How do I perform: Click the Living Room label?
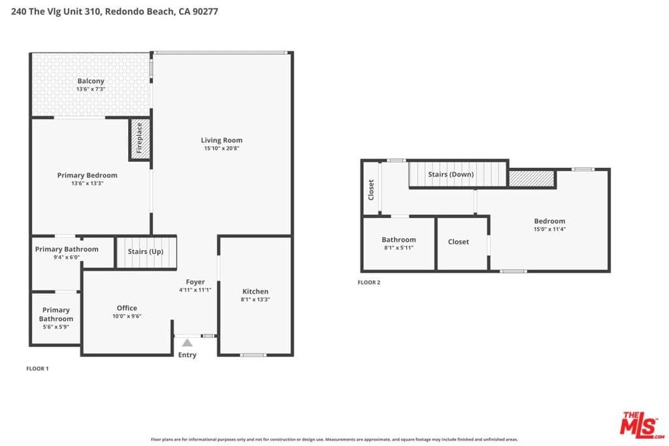tap(221, 140)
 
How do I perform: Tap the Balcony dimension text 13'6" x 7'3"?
tap(91, 89)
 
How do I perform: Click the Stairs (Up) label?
tap(146, 251)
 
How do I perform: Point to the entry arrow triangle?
tap(188, 342)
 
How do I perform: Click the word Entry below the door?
tap(188, 355)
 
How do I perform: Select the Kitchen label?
tap(255, 291)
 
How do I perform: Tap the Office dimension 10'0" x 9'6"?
tap(127, 316)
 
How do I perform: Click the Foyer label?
tap(195, 282)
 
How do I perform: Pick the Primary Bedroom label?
tap(87, 175)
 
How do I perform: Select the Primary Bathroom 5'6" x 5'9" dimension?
tap(56, 327)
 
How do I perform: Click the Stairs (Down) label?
tap(451, 174)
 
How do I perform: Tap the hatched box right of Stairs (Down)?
tap(532, 178)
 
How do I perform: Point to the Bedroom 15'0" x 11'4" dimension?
tap(549, 229)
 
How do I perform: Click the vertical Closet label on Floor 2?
tap(371, 189)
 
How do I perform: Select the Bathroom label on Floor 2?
tap(399, 240)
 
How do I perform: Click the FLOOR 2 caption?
tap(368, 282)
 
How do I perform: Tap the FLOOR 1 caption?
tap(37, 368)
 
